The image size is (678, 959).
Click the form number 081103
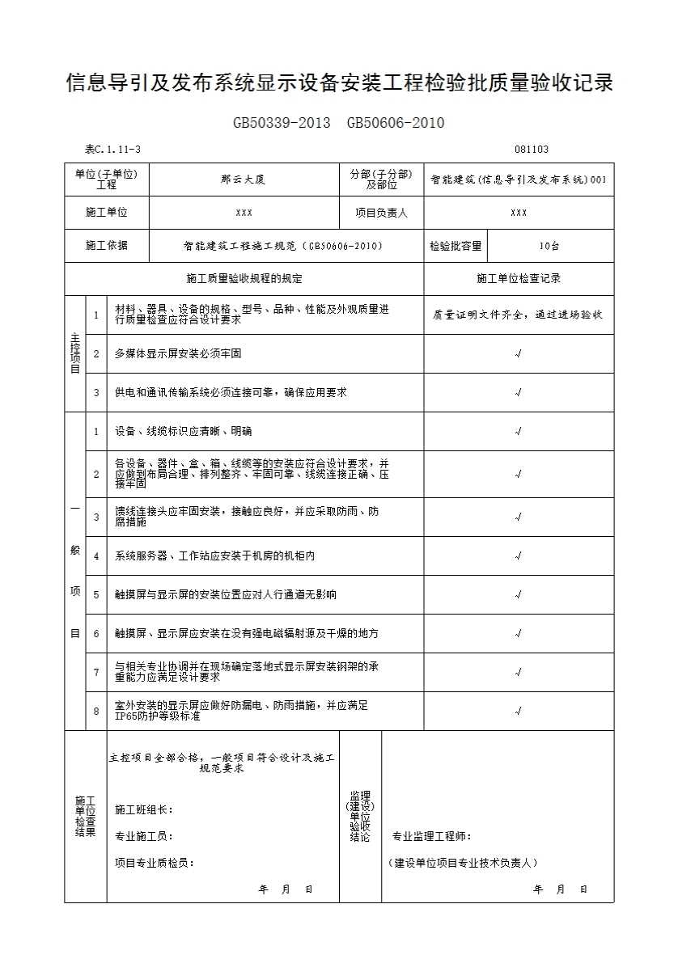[x=531, y=150]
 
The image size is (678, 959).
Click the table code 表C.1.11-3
[x=112, y=150]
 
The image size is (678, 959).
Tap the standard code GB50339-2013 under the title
[x=282, y=123]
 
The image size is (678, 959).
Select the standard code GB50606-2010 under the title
[x=396, y=123]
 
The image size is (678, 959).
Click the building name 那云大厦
[x=243, y=180]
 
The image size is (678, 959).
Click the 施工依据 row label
[x=107, y=246]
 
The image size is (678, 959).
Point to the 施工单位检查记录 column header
[x=519, y=279]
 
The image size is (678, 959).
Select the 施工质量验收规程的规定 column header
[x=244, y=279]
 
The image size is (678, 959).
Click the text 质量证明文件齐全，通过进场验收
[x=518, y=315]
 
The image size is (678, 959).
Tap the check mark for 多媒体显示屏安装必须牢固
[x=519, y=354]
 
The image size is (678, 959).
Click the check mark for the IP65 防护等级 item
[x=519, y=712]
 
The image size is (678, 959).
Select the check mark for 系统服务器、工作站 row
[x=519, y=556]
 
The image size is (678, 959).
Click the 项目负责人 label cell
[x=381, y=213]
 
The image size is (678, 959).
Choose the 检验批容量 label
[x=456, y=246]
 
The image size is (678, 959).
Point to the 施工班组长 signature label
[x=144, y=809]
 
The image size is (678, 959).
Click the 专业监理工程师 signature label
[x=432, y=836]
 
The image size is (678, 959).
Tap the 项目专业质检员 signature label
[x=155, y=863]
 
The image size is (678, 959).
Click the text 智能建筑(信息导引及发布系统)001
[x=519, y=180]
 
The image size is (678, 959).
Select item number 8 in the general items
[x=96, y=712]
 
